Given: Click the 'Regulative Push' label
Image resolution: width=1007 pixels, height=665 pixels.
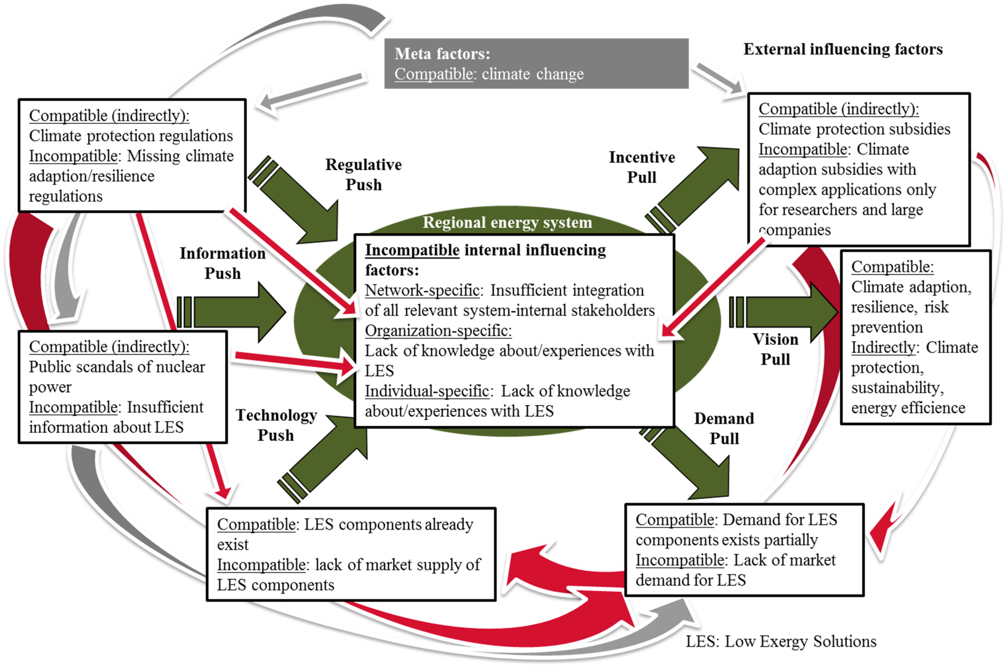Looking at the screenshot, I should (363, 174).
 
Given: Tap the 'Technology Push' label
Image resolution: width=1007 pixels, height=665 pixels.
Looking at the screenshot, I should (276, 425).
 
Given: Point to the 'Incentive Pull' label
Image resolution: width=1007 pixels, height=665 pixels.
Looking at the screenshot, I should (641, 167).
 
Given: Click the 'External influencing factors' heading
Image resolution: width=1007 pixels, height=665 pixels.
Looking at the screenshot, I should (843, 49).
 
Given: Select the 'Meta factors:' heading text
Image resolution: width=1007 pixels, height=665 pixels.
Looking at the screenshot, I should (442, 54).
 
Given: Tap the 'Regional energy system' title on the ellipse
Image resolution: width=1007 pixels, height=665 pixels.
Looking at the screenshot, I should (507, 222).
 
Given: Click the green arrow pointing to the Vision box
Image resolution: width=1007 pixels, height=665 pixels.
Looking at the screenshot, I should (784, 312).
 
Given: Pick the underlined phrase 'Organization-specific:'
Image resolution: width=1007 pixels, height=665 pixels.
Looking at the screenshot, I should (438, 330).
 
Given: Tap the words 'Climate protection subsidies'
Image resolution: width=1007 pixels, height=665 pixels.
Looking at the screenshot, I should (854, 129).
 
